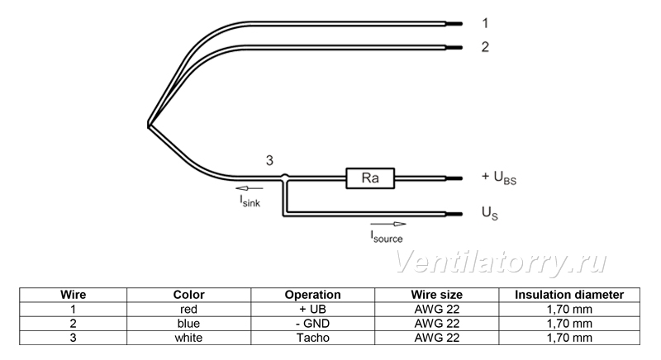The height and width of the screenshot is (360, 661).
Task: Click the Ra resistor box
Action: point(370,178)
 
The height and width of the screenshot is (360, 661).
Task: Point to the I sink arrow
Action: point(250,188)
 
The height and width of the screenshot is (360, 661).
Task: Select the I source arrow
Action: point(388,224)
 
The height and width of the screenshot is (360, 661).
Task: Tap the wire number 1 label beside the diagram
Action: point(485,23)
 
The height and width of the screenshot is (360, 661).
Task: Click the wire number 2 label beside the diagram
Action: point(485,47)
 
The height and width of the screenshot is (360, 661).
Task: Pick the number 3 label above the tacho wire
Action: point(269,160)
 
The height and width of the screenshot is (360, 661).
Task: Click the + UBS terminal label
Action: point(499,178)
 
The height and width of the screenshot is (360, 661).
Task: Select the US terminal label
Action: point(489,213)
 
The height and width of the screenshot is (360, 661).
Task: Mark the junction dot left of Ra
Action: point(285,177)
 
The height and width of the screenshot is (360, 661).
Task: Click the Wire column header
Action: point(73,295)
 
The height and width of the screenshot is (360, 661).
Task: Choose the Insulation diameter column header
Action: point(569,295)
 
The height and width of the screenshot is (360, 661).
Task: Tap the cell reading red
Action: point(188,310)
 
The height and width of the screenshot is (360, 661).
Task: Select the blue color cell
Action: point(188,324)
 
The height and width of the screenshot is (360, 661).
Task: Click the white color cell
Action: point(188,338)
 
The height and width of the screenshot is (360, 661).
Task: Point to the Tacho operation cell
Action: point(313,338)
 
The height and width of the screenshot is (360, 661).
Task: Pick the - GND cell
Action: point(313,324)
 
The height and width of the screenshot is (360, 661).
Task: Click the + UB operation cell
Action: point(313,310)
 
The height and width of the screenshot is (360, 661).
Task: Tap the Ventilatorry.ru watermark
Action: point(501,263)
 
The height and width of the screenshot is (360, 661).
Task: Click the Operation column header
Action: point(313,295)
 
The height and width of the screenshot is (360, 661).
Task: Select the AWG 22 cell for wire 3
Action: point(437,338)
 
